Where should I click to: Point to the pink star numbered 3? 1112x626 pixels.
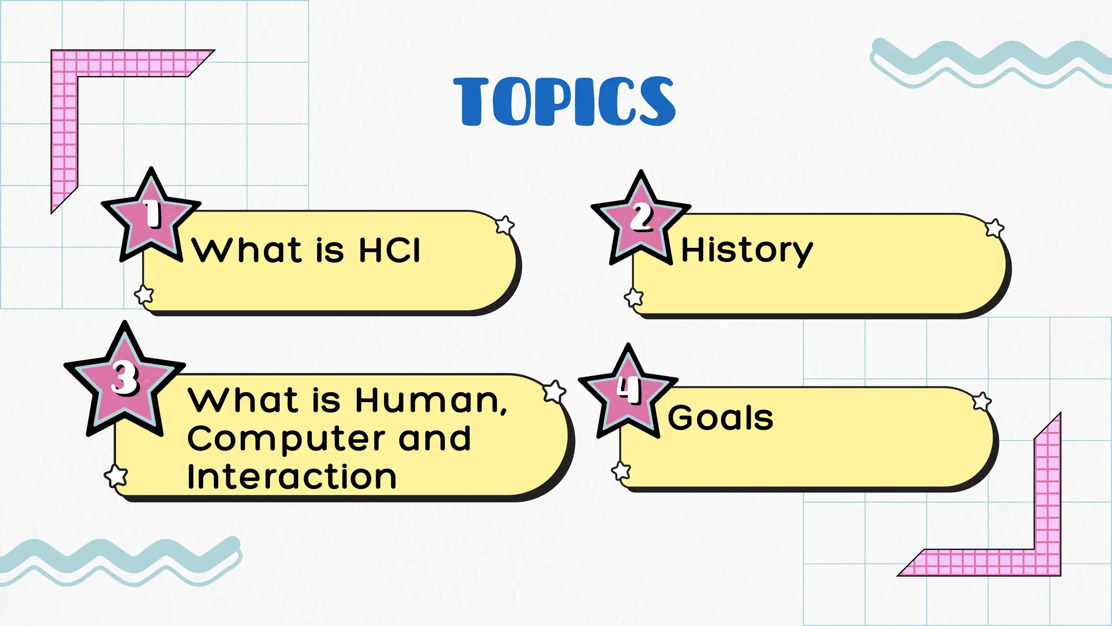pyautogui.click(x=125, y=380)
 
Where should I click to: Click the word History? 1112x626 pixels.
pyautogui.click(x=747, y=251)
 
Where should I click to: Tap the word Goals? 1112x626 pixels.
pyautogui.click(x=721, y=418)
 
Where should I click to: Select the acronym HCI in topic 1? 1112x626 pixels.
pyautogui.click(x=389, y=251)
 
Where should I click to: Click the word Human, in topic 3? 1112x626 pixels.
pyautogui.click(x=431, y=400)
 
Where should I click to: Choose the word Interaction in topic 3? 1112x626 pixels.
pyautogui.click(x=292, y=477)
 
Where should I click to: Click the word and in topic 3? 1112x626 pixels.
pyautogui.click(x=434, y=439)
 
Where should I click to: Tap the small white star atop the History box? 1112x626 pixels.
pyautogui.click(x=995, y=228)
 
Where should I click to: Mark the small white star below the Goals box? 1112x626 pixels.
pyautogui.click(x=621, y=471)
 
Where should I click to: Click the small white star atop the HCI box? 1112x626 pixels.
pyautogui.click(x=505, y=225)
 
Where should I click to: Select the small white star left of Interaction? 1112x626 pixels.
pyautogui.click(x=116, y=476)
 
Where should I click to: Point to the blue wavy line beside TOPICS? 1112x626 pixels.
pyautogui.click(x=988, y=62)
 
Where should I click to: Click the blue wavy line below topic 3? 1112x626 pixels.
pyautogui.click(x=119, y=560)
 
